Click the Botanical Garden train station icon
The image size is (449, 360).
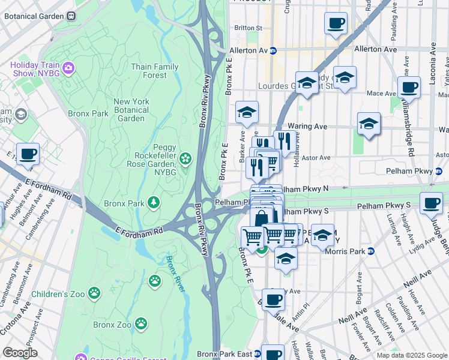click(x=70, y=16)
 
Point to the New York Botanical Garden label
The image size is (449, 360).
click(x=131, y=110)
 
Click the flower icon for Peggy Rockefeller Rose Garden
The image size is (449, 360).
click(x=186, y=158)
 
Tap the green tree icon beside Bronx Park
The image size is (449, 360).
click(x=154, y=202)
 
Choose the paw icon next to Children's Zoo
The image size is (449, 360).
click(x=94, y=293)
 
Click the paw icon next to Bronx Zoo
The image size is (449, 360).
click(x=140, y=324)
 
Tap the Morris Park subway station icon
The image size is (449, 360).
click(x=371, y=251)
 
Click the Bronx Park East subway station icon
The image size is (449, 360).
click(x=257, y=354)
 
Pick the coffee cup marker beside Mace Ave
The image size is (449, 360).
click(x=409, y=88)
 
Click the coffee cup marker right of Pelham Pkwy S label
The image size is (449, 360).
click(x=431, y=203)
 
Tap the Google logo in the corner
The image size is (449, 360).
click(x=20, y=352)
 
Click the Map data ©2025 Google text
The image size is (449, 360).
click(x=411, y=355)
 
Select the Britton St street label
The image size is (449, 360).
click(x=249, y=28)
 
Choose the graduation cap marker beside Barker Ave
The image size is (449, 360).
click(x=246, y=112)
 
